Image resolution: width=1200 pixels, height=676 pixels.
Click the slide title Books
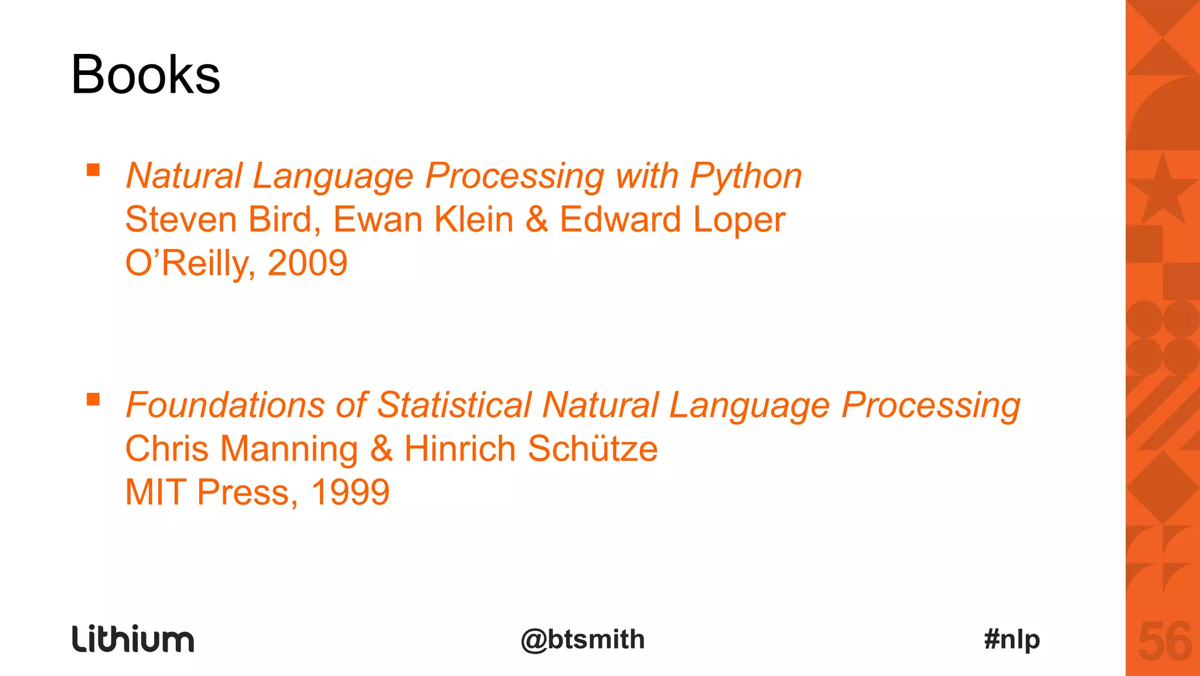tap(145, 75)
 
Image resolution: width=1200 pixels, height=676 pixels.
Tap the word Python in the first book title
tap(746, 176)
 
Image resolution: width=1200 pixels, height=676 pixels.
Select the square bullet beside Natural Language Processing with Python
tap(93, 170)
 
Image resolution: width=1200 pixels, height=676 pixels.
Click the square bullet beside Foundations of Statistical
tap(93, 399)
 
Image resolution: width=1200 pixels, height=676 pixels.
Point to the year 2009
tap(308, 263)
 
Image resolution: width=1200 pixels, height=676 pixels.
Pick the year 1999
tap(350, 492)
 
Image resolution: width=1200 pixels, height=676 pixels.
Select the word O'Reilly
tap(189, 263)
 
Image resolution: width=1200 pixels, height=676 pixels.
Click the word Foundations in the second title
tap(225, 405)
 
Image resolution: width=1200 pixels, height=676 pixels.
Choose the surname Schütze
tap(592, 449)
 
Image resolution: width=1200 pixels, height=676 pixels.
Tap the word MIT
tap(156, 492)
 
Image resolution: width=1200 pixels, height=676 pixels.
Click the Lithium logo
tap(133, 638)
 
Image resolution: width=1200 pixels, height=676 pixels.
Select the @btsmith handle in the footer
tap(582, 639)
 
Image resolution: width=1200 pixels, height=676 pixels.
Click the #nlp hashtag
tap(1012, 639)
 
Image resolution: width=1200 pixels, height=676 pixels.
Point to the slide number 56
tap(1164, 642)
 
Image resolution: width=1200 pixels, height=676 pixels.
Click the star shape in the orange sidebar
tap(1162, 191)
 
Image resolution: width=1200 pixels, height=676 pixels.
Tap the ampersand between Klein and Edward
tap(537, 219)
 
